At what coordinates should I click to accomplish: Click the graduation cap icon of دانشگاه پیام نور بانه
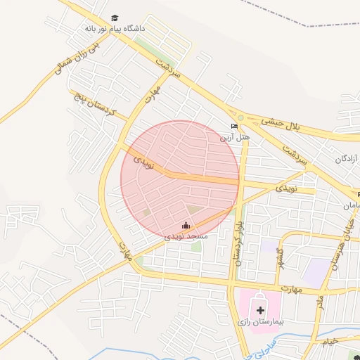tap(115, 18)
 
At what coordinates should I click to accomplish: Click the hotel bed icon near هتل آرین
tap(235, 127)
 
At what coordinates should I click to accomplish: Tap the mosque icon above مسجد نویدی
tap(186, 225)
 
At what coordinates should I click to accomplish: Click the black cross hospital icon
tap(261, 309)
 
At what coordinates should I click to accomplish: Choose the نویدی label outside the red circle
tap(286, 188)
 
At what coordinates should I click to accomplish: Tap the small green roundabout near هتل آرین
tap(240, 117)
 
